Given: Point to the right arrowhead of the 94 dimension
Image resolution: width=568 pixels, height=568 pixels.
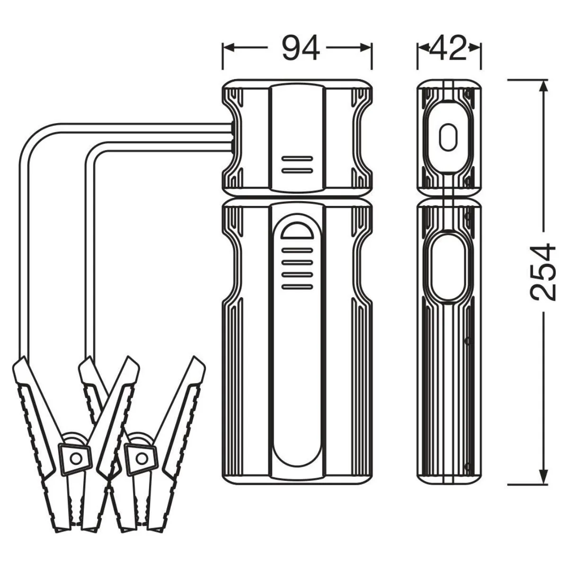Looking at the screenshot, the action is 366,47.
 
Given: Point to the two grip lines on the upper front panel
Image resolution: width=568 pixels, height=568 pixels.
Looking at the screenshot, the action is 297,164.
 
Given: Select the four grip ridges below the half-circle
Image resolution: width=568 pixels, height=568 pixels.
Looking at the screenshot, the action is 297,268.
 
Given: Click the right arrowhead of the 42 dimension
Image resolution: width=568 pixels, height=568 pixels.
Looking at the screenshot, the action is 475,47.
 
